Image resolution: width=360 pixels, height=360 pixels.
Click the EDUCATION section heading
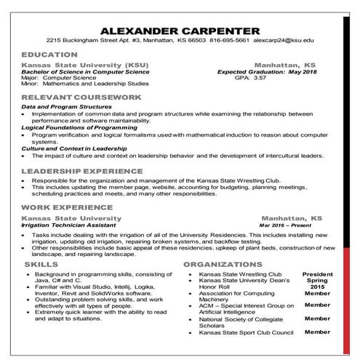(x=49, y=55)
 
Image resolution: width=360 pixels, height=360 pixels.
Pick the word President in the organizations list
(x=317, y=273)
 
